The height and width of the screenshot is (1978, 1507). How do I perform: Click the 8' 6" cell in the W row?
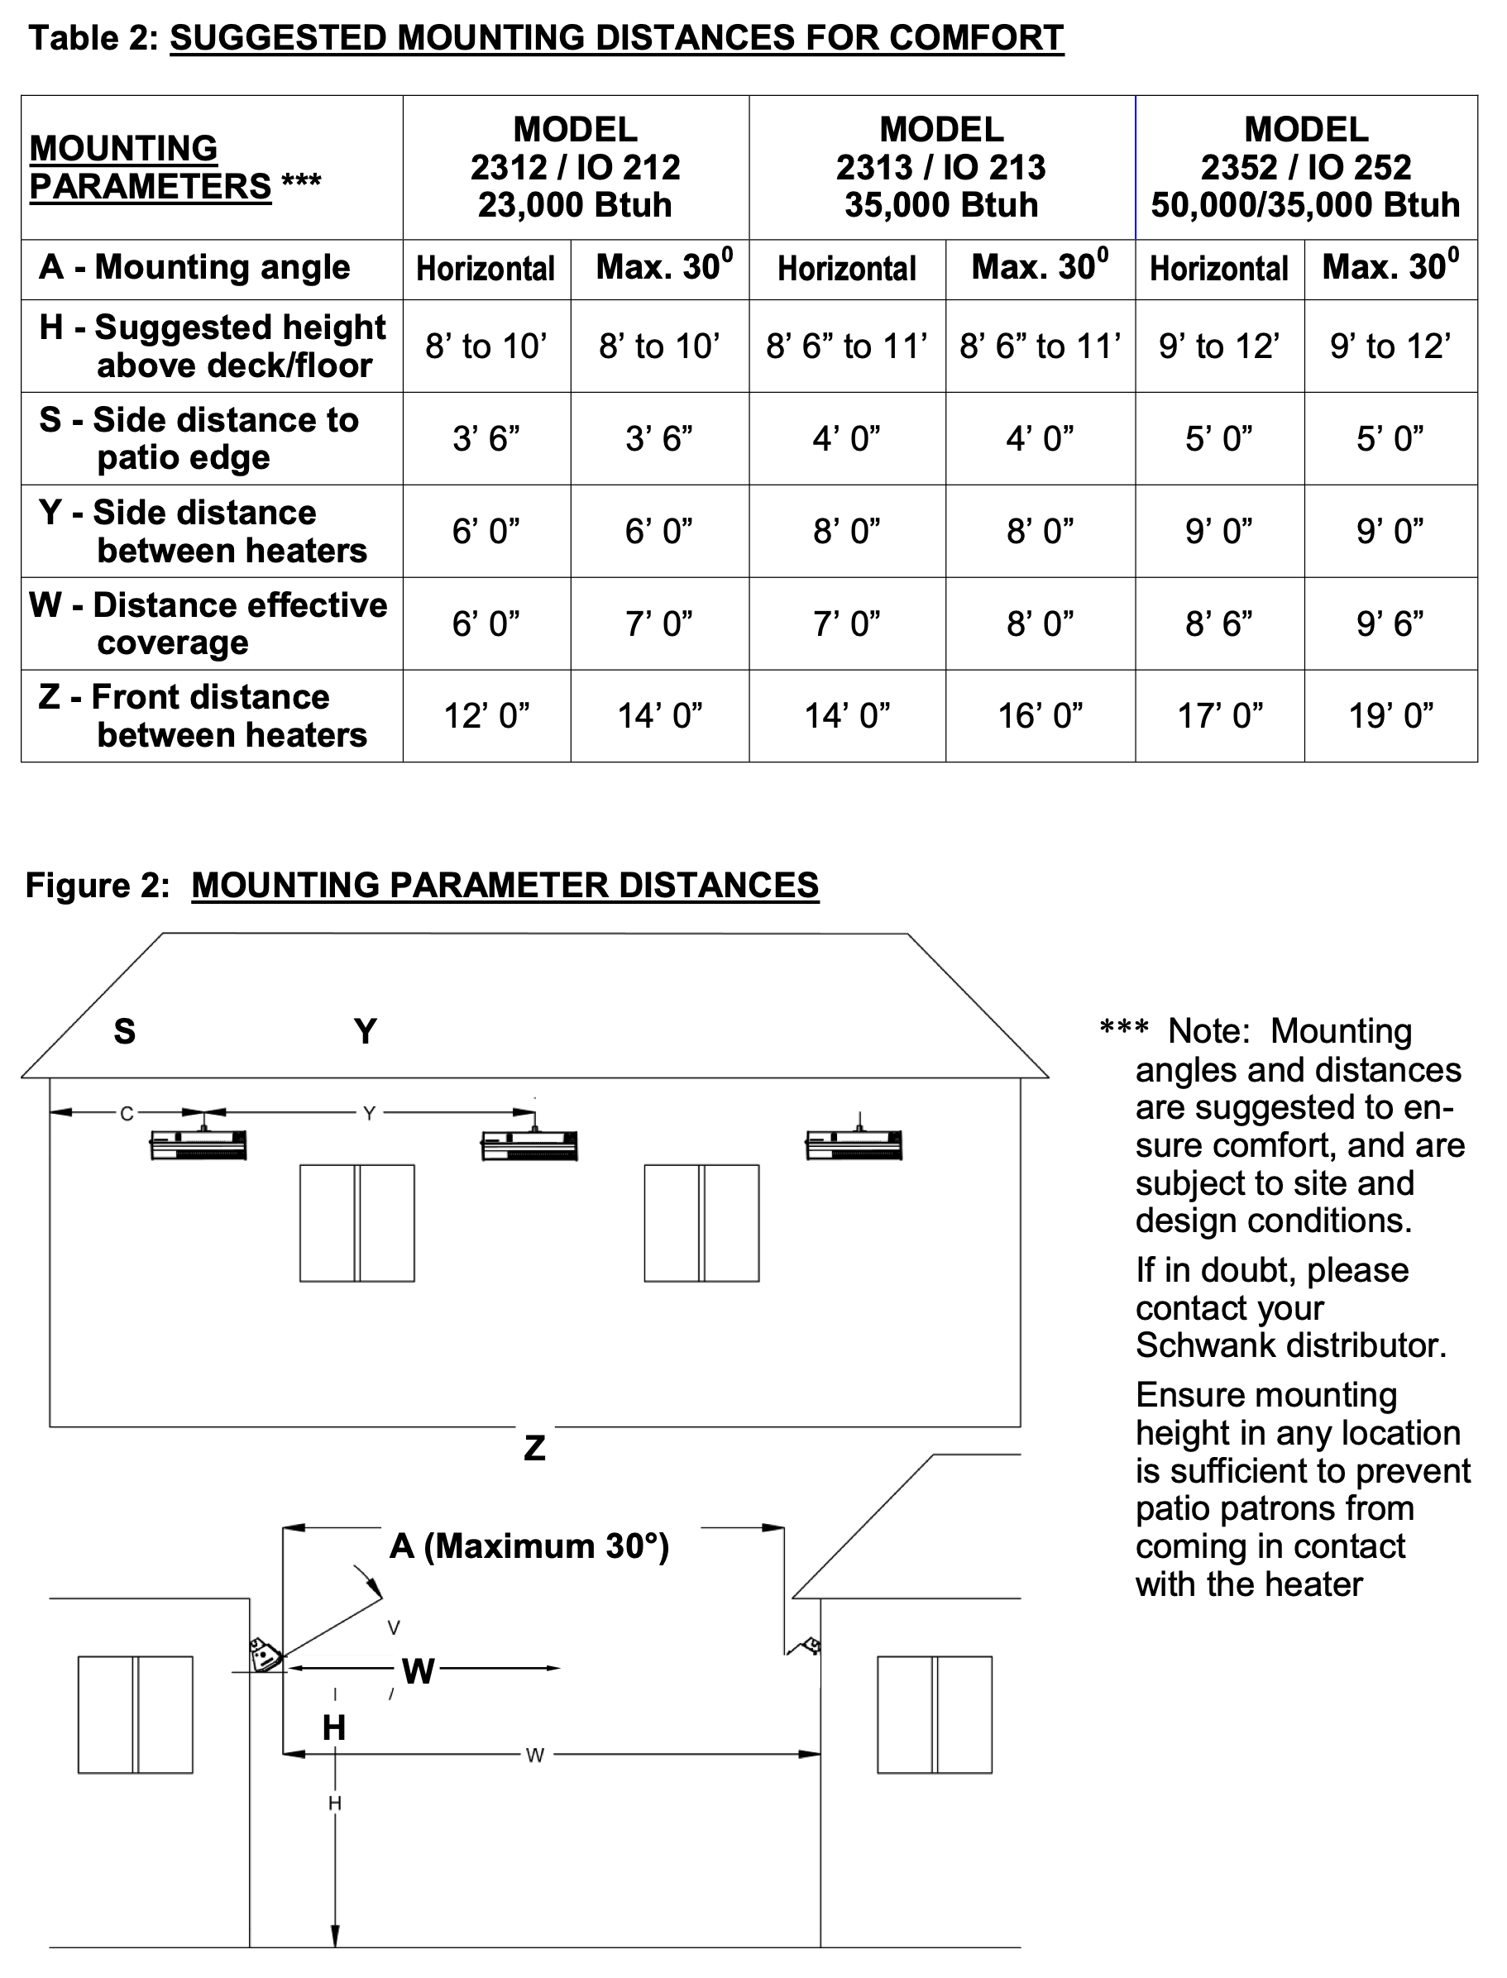click(x=1219, y=623)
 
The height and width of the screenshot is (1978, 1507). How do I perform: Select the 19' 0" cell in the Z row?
click(x=1390, y=715)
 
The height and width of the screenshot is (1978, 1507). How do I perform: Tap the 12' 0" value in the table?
click(x=486, y=715)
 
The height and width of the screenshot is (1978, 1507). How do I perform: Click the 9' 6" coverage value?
click(x=1390, y=623)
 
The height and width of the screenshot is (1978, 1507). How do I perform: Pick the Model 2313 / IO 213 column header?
click(x=941, y=167)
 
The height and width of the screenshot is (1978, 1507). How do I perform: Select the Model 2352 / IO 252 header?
click(x=1306, y=167)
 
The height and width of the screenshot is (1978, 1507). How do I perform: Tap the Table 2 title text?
click(x=545, y=38)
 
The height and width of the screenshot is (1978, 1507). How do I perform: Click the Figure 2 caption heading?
click(x=422, y=885)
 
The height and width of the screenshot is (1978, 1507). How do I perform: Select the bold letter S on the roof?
click(x=125, y=1031)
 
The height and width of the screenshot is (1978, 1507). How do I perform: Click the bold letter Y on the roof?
click(x=365, y=1031)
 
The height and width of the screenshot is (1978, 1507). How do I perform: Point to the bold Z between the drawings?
click(x=534, y=1448)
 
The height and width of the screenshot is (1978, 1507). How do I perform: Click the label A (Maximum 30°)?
click(x=529, y=1546)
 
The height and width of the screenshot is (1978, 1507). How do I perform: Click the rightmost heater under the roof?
click(x=854, y=1144)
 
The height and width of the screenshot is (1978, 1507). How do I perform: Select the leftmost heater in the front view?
click(x=199, y=1144)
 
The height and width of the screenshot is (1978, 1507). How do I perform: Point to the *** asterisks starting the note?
click(x=1124, y=1030)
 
